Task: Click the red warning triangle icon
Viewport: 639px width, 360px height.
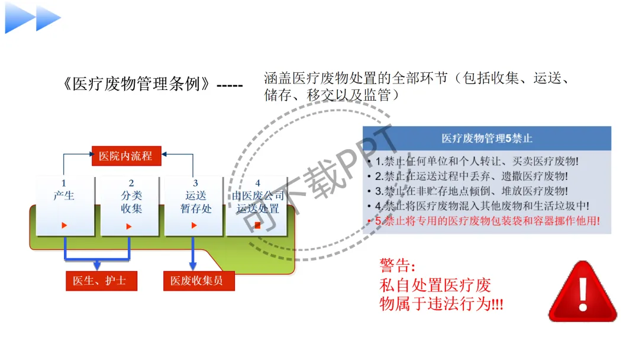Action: (582, 292)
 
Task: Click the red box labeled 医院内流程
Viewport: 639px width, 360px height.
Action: (126, 156)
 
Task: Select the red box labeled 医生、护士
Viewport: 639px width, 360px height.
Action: (101, 281)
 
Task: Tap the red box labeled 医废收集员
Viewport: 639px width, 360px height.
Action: (198, 281)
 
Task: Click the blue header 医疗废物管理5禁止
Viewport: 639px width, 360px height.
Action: (486, 139)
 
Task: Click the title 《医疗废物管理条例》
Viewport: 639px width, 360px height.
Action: (137, 84)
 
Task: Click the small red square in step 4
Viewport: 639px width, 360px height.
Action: (257, 226)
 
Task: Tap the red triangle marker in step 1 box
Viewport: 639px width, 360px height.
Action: (64, 226)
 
